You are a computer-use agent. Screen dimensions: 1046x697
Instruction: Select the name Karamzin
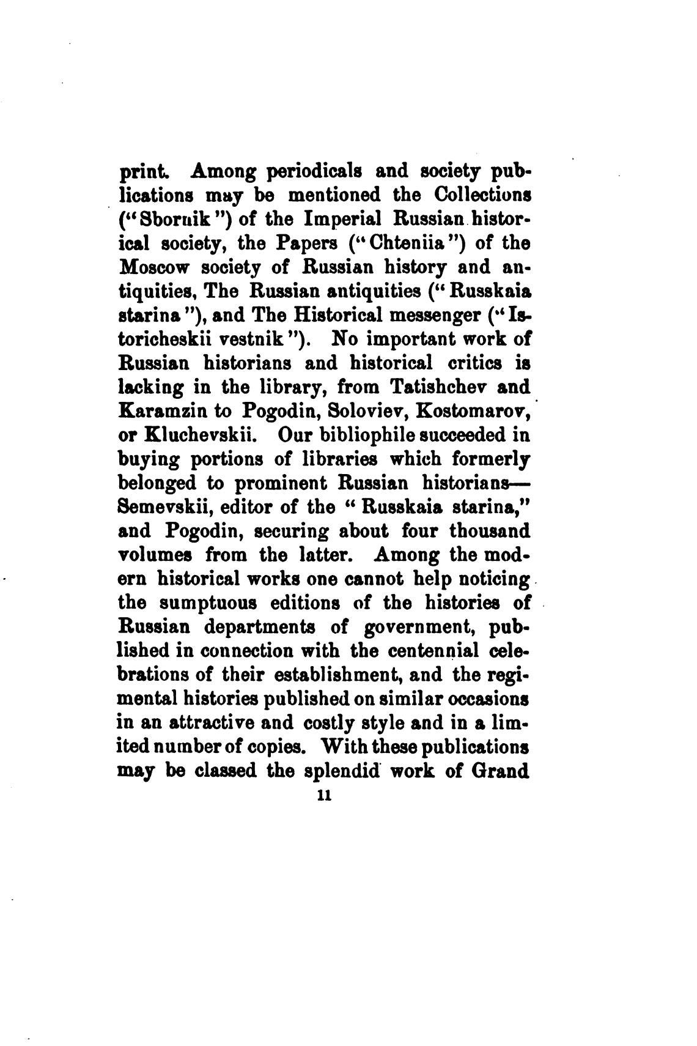point(161,410)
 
